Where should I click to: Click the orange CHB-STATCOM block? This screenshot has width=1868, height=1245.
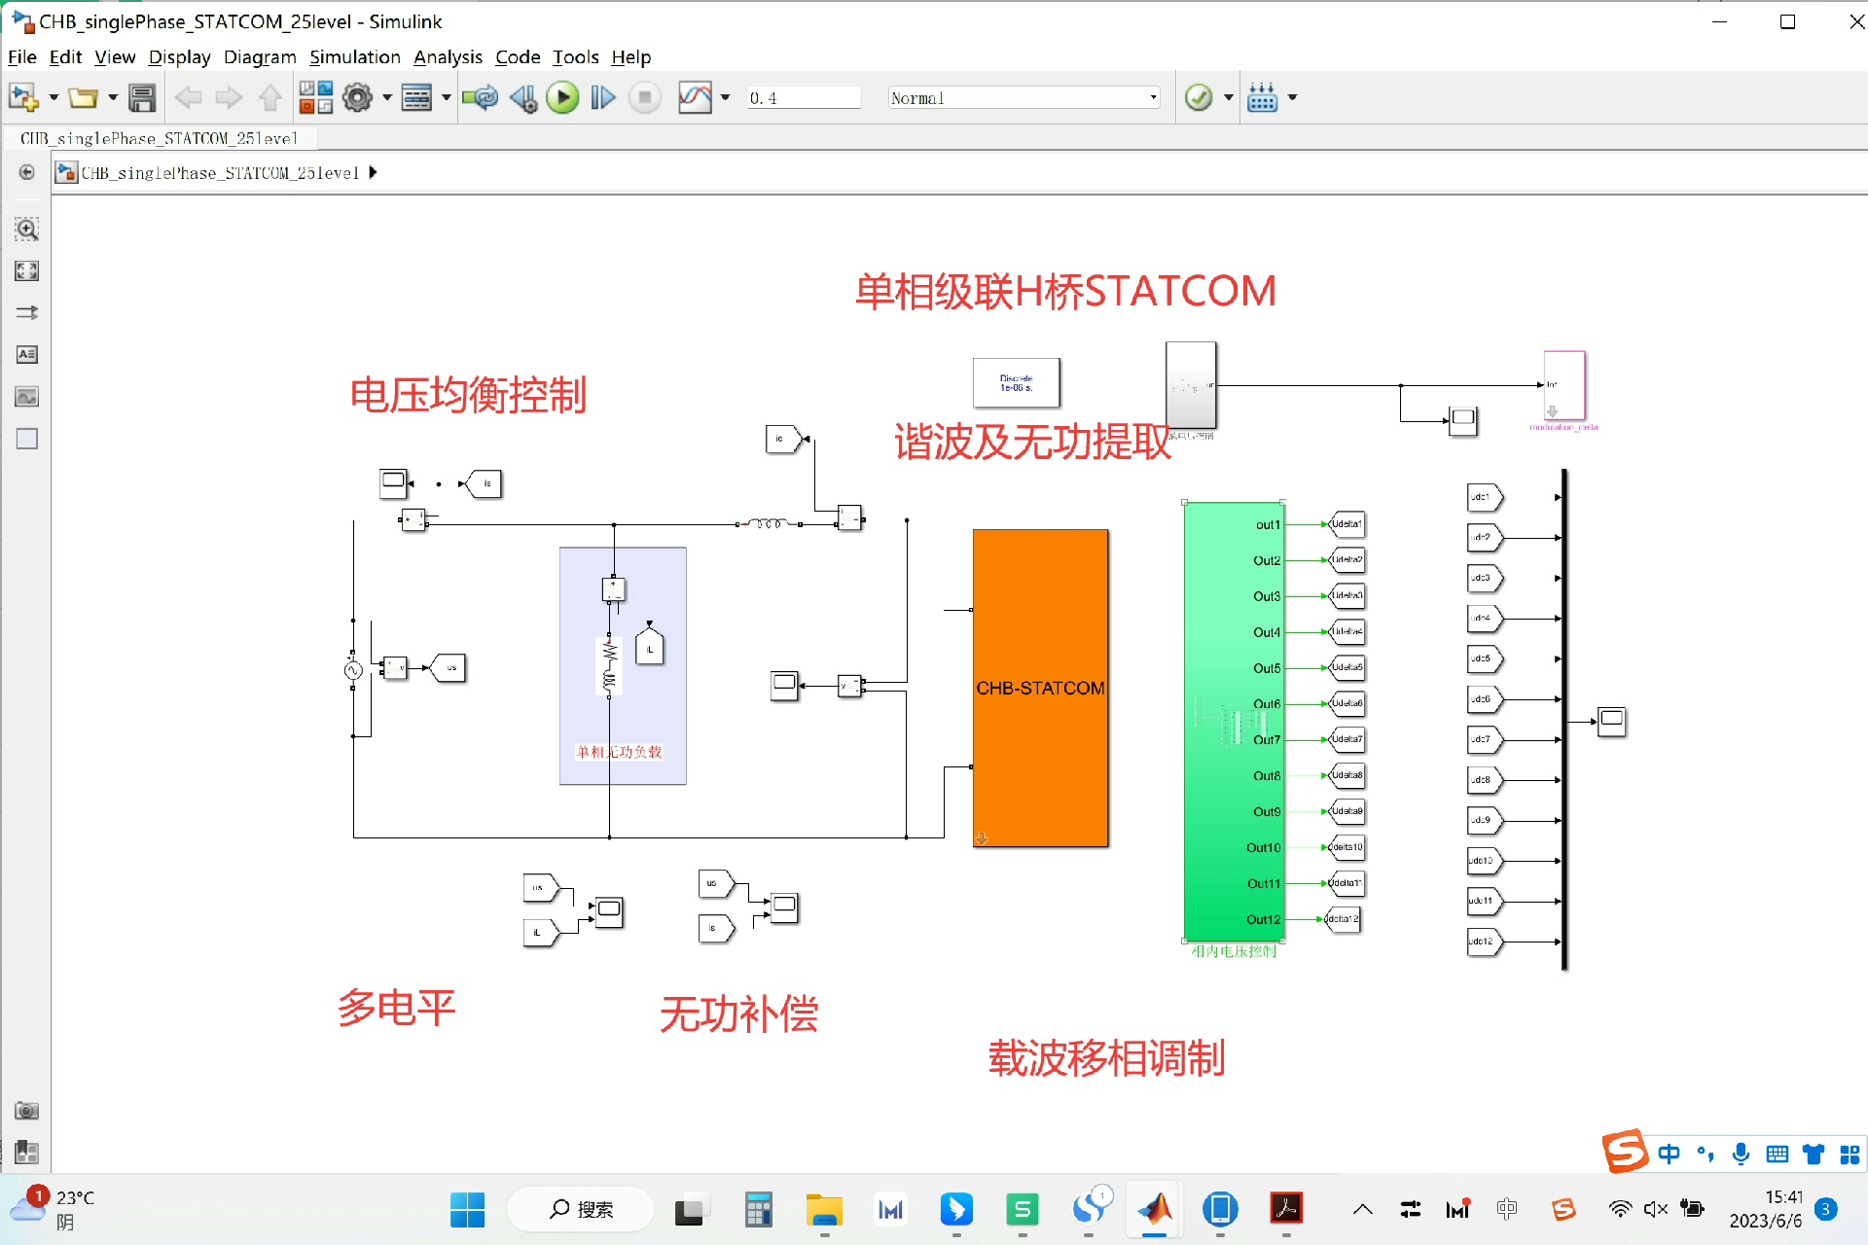click(1040, 688)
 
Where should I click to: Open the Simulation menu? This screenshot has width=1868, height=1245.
click(354, 57)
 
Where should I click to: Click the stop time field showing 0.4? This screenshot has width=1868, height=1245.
click(803, 98)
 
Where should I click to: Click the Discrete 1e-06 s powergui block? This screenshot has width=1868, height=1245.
click(1016, 383)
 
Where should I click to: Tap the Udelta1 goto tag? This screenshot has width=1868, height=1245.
click(1347, 524)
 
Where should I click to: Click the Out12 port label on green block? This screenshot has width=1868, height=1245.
click(1263, 919)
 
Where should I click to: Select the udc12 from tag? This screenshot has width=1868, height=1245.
click(1484, 942)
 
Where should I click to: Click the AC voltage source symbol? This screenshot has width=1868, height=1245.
click(353, 670)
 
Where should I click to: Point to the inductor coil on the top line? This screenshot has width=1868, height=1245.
click(769, 524)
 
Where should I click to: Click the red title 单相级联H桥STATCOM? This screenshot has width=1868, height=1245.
click(1065, 292)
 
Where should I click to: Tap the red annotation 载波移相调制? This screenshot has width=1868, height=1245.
click(1106, 1058)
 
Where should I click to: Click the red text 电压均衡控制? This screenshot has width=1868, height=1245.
click(468, 396)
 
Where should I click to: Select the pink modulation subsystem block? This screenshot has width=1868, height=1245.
click(1564, 386)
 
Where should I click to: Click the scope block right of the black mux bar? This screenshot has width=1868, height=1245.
click(1611, 721)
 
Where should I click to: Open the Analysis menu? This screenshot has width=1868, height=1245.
click(448, 57)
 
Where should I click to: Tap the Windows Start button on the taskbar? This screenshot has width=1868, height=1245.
click(467, 1209)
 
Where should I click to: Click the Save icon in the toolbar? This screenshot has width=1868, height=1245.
click(142, 98)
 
